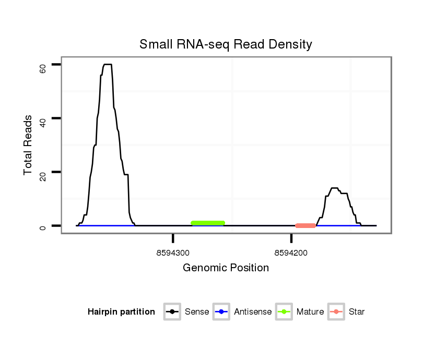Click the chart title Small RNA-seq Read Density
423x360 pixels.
[226, 44]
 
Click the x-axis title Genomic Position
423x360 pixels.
[226, 268]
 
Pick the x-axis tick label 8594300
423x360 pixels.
[173, 253]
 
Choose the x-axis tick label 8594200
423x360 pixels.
[291, 253]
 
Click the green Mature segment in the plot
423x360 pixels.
[208, 223]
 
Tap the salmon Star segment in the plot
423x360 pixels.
[305, 226]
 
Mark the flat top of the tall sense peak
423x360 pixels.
[108, 65]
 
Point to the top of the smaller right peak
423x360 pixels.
[334, 188]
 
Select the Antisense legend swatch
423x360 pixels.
[221, 312]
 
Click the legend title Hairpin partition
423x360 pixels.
[121, 312]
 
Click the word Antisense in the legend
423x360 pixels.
[253, 312]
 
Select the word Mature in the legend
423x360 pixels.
[310, 312]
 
